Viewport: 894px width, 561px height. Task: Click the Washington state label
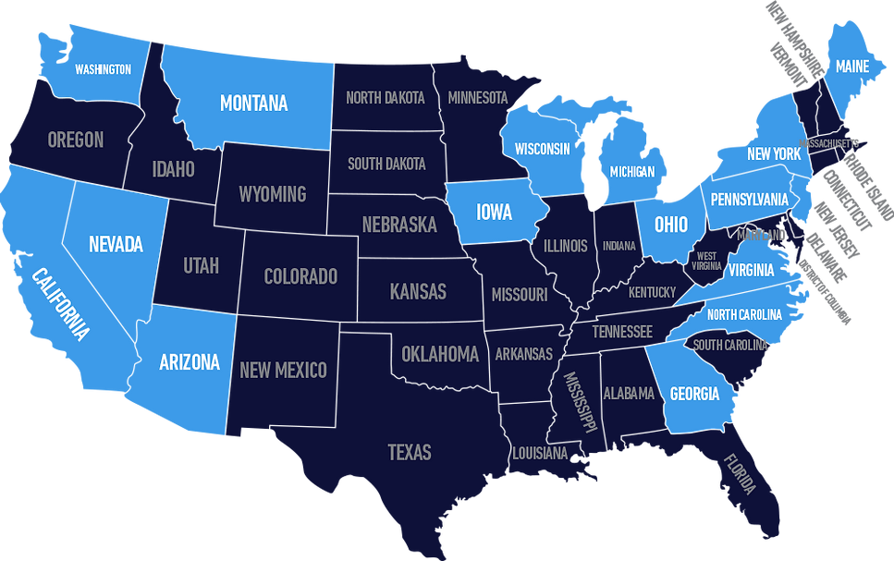103,69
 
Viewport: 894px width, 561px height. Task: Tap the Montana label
253,104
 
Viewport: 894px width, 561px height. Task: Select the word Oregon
76,140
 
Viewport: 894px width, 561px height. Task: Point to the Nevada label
116,245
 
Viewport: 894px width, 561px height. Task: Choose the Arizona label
190,362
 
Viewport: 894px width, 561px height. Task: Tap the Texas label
410,452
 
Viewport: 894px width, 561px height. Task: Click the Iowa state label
494,213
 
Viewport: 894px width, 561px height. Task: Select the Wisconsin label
543,149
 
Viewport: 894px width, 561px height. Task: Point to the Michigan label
632,172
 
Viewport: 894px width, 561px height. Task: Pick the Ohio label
671,225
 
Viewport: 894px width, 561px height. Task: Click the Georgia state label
694,395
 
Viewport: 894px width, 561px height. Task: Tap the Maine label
851,67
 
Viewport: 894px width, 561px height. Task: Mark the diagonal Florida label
740,473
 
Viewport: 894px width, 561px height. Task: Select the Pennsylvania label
749,200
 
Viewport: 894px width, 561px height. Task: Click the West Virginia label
707,261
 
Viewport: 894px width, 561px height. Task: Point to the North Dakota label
386,97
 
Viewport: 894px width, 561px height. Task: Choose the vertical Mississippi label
580,402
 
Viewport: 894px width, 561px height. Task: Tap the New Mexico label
283,371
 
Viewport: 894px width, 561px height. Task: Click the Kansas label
418,292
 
